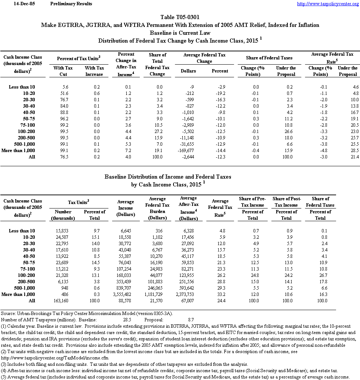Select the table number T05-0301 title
[180, 17]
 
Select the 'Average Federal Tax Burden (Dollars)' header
[159, 208]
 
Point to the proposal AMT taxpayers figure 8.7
[190, 320]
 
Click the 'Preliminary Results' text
[71, 4]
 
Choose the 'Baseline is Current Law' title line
[180, 33]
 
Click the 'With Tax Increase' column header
[94, 71]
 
